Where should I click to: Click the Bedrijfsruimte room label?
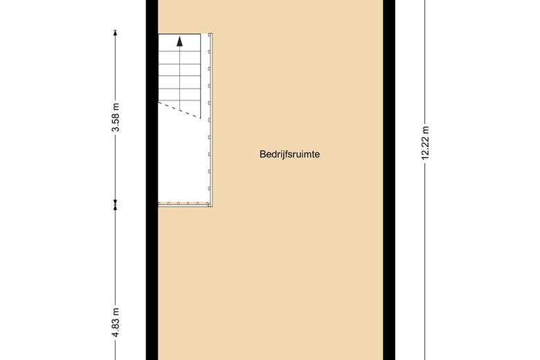pos(289,154)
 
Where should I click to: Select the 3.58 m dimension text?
pos(116,117)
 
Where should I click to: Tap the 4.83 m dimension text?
pos(116,322)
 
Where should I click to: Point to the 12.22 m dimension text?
pos(425,143)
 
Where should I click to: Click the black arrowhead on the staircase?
pos(179,42)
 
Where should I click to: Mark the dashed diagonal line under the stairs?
pos(179,110)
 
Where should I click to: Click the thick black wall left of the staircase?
pos(152,180)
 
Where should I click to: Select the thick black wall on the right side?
pos(389,180)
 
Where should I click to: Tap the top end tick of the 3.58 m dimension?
pos(116,30)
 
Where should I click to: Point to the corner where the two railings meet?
pos(210,205)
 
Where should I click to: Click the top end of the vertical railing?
pos(210,34)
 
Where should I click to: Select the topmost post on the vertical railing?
pos(209,52)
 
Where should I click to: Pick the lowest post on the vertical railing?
pos(209,188)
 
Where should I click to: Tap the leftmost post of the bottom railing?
pos(168,204)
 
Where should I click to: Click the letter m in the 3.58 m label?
pos(116,107)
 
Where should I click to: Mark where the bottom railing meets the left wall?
pos(159,204)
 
